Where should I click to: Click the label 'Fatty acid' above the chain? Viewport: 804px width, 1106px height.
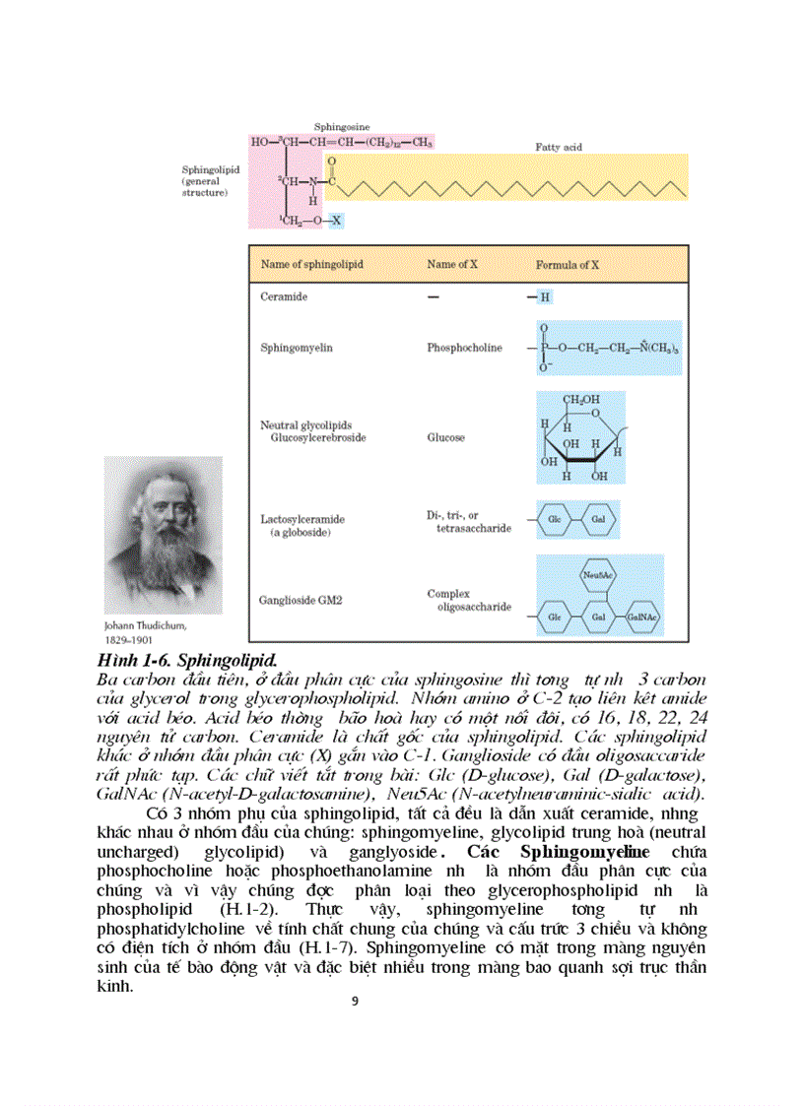tap(559, 147)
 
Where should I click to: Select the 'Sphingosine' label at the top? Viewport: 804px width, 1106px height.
tap(342, 128)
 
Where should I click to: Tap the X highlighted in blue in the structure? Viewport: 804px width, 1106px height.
tap(336, 220)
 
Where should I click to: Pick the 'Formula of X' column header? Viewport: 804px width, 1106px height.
tap(568, 265)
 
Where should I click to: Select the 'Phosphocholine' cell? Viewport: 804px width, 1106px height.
tap(464, 348)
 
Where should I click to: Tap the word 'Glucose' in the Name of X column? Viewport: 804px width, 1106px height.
tap(445, 437)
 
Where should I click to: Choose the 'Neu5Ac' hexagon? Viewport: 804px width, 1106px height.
tap(593, 574)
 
